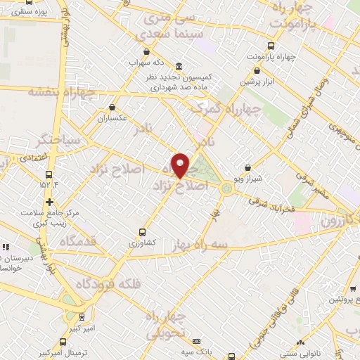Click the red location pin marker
pos(181,165)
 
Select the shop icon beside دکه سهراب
pos(146,51)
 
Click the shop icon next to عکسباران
pos(112,108)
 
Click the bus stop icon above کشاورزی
pos(143,231)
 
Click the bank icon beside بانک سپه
pos(196,340)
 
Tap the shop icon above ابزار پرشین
pos(257,71)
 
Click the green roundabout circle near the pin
pos(226,188)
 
